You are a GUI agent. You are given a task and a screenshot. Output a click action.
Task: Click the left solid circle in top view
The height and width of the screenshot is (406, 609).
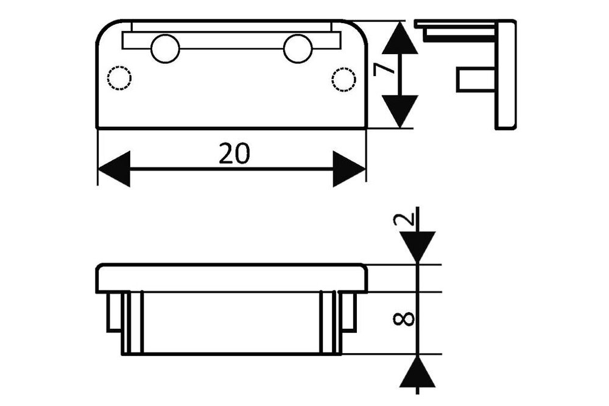(x=165, y=49)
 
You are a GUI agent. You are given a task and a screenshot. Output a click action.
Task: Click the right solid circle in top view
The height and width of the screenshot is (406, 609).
(x=298, y=48)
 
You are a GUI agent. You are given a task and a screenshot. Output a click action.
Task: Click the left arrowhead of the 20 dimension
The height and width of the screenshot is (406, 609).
(x=114, y=169)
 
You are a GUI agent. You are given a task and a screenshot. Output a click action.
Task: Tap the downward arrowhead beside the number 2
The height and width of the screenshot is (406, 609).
(x=418, y=247)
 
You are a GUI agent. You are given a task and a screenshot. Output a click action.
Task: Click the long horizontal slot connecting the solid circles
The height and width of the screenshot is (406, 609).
(x=231, y=41)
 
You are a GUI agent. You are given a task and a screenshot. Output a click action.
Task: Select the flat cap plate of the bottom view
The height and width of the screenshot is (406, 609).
(x=231, y=279)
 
